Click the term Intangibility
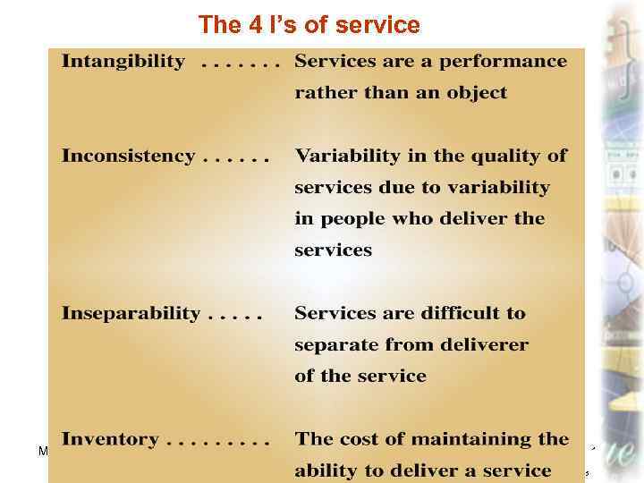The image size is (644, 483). tap(123, 62)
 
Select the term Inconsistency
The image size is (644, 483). tap(128, 156)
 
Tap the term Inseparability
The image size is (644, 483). tap(131, 313)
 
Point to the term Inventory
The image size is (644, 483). tap(110, 439)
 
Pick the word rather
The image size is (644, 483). tap(323, 93)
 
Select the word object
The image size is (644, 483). tap(479, 93)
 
